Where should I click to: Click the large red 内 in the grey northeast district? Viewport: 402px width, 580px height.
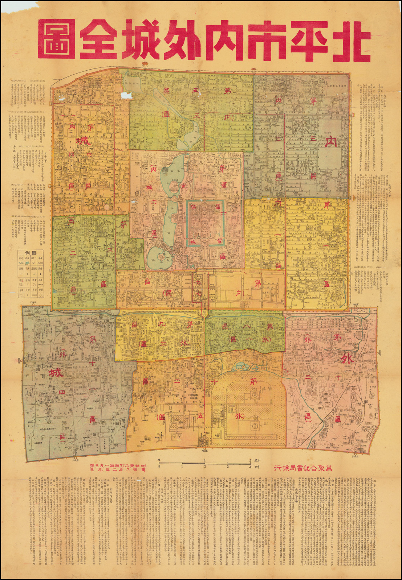[x=330, y=141]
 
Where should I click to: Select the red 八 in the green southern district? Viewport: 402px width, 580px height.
[x=247, y=327]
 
